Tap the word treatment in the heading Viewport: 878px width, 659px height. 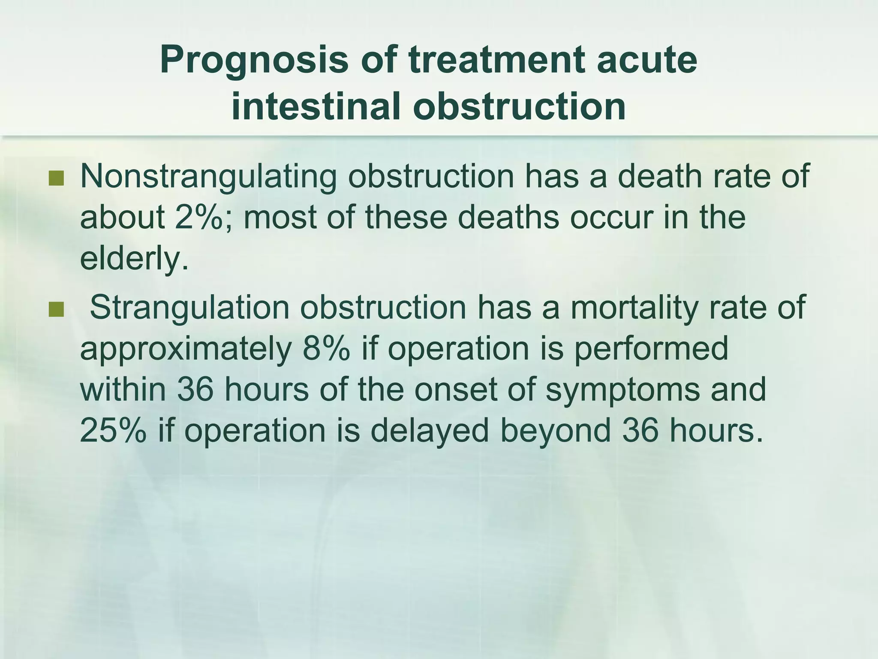496,60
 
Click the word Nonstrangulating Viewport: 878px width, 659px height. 208,177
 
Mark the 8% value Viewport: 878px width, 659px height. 325,349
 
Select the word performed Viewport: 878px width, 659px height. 651,349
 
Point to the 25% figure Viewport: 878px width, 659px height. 113,430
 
